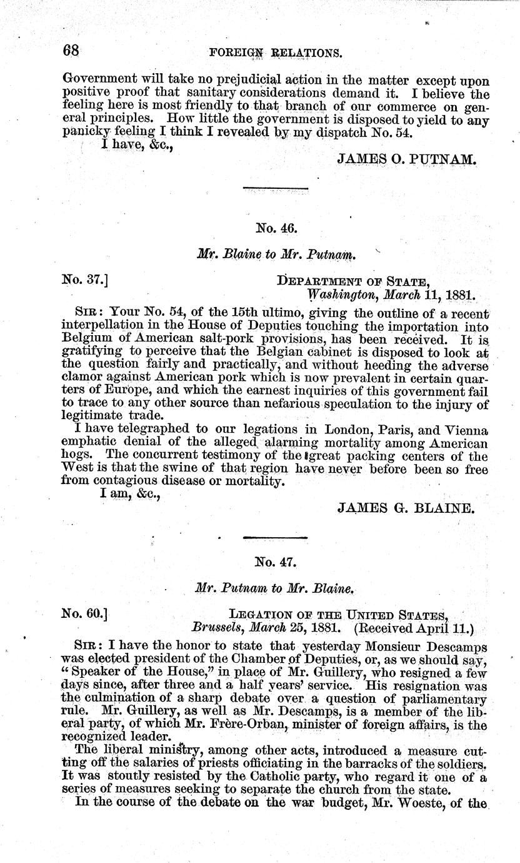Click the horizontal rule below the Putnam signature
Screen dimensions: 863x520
275,188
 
